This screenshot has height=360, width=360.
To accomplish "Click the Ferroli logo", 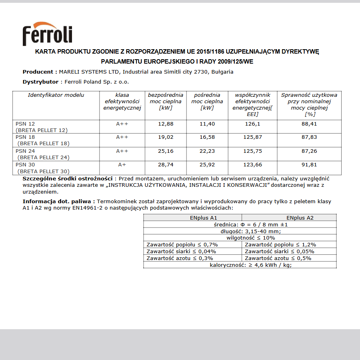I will pyautogui.click(x=47, y=34).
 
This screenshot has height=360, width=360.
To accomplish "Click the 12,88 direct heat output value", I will pyautogui.click(x=166, y=124).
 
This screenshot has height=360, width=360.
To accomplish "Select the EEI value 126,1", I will pyautogui.click(x=252, y=124).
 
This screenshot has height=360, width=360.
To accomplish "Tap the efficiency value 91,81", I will pyautogui.click(x=309, y=165).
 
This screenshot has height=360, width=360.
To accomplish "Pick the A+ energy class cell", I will pyautogui.click(x=122, y=165).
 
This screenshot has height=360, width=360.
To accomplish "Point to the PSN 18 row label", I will pyautogui.click(x=25, y=137).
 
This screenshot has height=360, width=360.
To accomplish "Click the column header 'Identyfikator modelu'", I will pyautogui.click(x=56, y=95).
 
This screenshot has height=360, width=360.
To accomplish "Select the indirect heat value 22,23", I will pyautogui.click(x=207, y=151).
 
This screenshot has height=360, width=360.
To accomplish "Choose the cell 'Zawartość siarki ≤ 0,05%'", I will pyautogui.click(x=280, y=252).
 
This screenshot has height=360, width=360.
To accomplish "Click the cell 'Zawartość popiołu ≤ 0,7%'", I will pyautogui.click(x=182, y=245).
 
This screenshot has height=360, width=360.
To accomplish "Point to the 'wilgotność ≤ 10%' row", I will pyautogui.click(x=240, y=238).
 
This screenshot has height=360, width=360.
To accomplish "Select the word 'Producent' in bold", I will pyautogui.click(x=38, y=72).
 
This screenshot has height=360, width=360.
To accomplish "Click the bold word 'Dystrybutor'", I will pyautogui.click(x=40, y=82).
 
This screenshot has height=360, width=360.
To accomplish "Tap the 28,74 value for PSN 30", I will pyautogui.click(x=166, y=165).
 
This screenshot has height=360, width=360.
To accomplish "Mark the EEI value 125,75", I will pyautogui.click(x=252, y=151).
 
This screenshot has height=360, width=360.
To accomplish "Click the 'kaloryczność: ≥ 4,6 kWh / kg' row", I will pyautogui.click(x=240, y=265).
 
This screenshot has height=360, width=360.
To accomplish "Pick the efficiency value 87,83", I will pyautogui.click(x=309, y=138).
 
